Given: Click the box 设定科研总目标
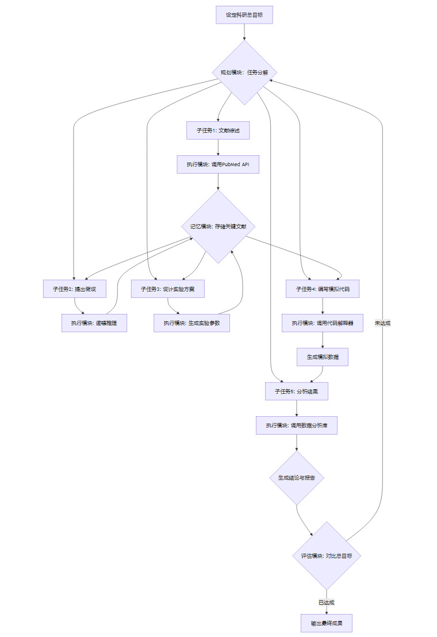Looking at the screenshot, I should [244, 15].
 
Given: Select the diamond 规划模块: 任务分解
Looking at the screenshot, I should [244, 72].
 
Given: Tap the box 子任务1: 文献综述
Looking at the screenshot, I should [218, 131].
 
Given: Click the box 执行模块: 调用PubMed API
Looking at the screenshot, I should [218, 164].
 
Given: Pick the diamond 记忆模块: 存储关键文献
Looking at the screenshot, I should [218, 227].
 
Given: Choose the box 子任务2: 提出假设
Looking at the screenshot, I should [75, 289].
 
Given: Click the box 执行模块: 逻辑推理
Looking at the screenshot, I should [94, 323].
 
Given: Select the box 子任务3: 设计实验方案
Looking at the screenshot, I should [168, 289].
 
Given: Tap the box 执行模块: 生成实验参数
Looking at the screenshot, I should [191, 323].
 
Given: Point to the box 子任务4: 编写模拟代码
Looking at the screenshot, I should [323, 289].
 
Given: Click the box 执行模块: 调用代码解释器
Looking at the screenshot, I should [323, 323].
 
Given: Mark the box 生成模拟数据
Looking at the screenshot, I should [323, 357].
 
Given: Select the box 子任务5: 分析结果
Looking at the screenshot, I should [296, 391].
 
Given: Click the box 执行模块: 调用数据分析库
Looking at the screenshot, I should [296, 425].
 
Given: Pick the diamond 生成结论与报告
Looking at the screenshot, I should [296, 478].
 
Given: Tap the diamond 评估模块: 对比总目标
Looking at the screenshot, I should [327, 556].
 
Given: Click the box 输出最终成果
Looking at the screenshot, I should [327, 623].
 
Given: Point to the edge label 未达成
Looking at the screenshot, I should [382, 323].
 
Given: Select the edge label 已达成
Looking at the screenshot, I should [327, 603].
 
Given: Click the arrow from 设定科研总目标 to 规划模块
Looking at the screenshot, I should [244, 32].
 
